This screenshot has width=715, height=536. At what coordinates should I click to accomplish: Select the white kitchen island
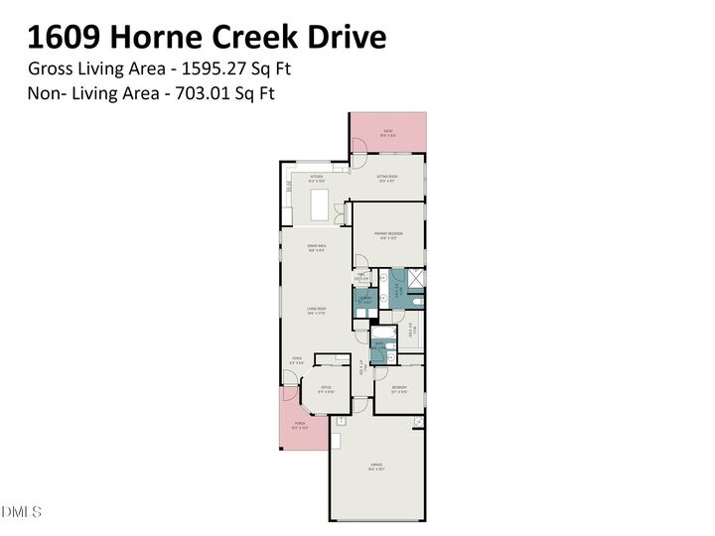pyautogui.click(x=320, y=205)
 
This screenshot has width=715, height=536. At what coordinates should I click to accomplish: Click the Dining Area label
pyautogui.click(x=316, y=248)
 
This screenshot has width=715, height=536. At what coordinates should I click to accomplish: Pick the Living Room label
pyautogui.click(x=316, y=311)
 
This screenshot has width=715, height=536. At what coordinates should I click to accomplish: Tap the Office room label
pyautogui.click(x=326, y=390)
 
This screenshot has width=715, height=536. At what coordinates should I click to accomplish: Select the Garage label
pyautogui.click(x=378, y=466)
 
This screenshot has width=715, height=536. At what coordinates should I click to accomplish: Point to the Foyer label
pyautogui.click(x=295, y=361)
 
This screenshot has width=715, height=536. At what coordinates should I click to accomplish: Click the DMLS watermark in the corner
pyautogui.click(x=21, y=512)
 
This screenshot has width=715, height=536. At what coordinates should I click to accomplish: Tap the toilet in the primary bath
pyautogui.click(x=418, y=300)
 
